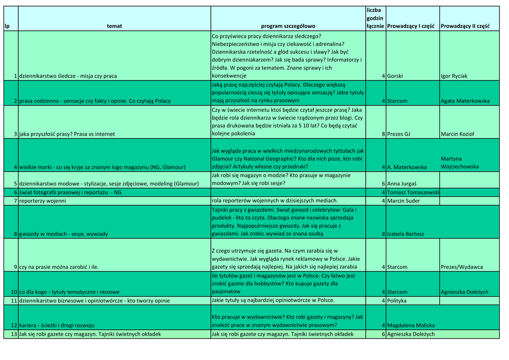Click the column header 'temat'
pyautogui.click(x=114, y=26)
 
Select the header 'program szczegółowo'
pyautogui.click(x=288, y=26)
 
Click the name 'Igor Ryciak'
pyautogui.click(x=454, y=76)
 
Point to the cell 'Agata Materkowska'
pyautogui.click(x=465, y=101)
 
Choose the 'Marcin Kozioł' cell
pyautogui.click(x=457, y=134)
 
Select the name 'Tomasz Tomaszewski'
pyautogui.click(x=413, y=192)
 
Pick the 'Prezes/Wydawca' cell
pyautogui.click(x=462, y=267)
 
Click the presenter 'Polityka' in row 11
pyautogui.click(x=397, y=300)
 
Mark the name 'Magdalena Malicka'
pyautogui.click(x=411, y=325)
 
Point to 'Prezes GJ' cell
pyautogui.click(x=399, y=134)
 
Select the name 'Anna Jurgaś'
pyautogui.click(x=402, y=183)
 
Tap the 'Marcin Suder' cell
pyautogui.click(x=403, y=201)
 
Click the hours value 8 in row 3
pyautogui.click(x=383, y=134)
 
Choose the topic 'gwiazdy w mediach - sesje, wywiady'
pyautogui.click(x=64, y=234)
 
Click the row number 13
pyautogui.click(x=14, y=334)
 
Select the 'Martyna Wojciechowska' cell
pyautogui.click(x=460, y=163)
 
